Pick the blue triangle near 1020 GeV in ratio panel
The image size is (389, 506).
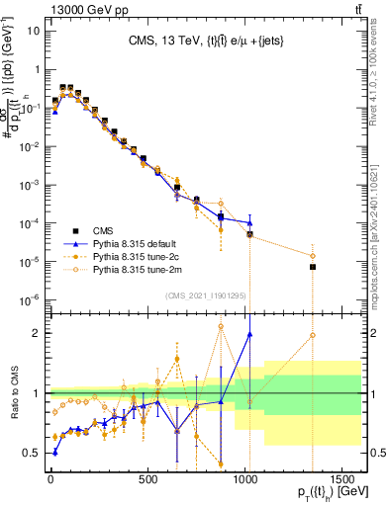click(x=249, y=334)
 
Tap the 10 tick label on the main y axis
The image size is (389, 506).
click(x=33, y=31)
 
